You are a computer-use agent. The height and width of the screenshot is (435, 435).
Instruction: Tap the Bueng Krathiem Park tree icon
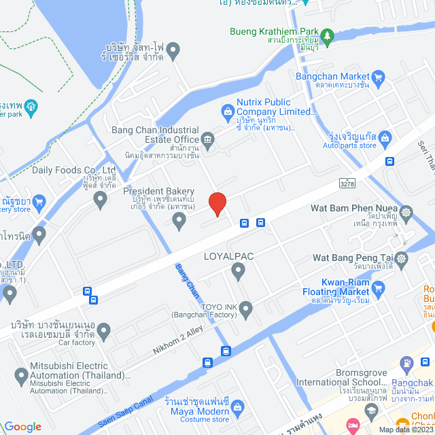click(328, 35)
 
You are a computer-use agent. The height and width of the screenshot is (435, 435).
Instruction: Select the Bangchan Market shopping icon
click(379, 77)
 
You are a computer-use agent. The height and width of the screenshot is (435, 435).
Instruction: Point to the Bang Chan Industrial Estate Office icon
click(208, 140)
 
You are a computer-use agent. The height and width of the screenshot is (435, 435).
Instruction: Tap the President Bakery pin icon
click(179, 220)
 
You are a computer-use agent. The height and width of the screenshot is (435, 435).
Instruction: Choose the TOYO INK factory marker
click(246, 310)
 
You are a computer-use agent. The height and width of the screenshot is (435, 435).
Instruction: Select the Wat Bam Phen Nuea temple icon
click(406, 213)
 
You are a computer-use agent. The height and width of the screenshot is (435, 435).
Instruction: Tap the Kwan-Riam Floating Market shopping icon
click(379, 288)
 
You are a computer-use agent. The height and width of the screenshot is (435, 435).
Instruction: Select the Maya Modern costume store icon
click(238, 406)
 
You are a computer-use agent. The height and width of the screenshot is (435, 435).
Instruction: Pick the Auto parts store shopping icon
click(385, 139)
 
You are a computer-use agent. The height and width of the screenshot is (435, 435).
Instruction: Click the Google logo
click(22, 426)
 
